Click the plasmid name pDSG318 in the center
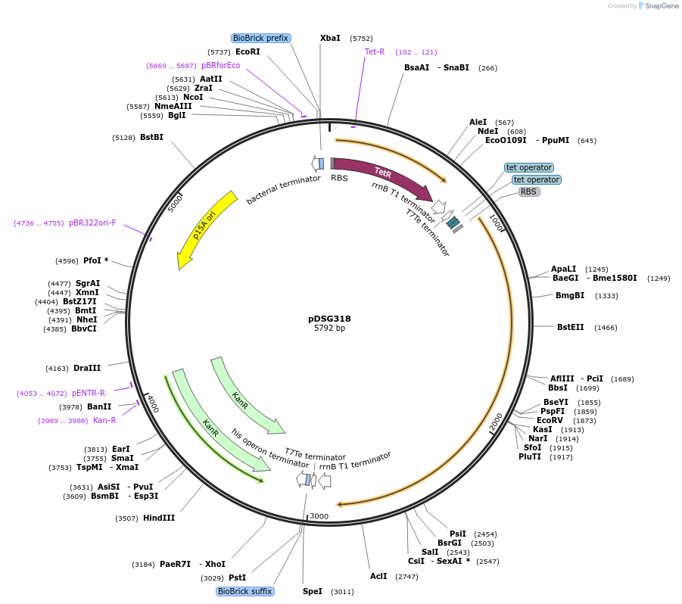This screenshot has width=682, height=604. click(329, 319)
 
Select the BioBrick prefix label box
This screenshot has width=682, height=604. click(260, 38)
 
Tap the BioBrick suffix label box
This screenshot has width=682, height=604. click(244, 591)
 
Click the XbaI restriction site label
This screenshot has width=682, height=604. click(330, 38)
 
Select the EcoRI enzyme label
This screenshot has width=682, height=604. click(248, 51)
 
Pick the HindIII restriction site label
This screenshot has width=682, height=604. click(159, 518)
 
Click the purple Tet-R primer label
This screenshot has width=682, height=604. click(375, 52)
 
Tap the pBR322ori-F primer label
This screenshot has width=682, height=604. click(92, 223)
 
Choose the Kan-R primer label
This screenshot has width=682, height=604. click(104, 420)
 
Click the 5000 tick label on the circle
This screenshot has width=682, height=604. click(175, 204)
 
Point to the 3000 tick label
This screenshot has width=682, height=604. click(319, 516)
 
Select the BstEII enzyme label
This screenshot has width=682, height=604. click(571, 327)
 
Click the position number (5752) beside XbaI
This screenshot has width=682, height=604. click(361, 38)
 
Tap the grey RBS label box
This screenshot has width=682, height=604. click(528, 191)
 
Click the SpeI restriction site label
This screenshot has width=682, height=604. click(313, 591)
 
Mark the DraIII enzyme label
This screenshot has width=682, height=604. click(87, 368)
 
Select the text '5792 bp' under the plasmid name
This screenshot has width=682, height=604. click(329, 328)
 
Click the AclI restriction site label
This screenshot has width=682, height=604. click(378, 576)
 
